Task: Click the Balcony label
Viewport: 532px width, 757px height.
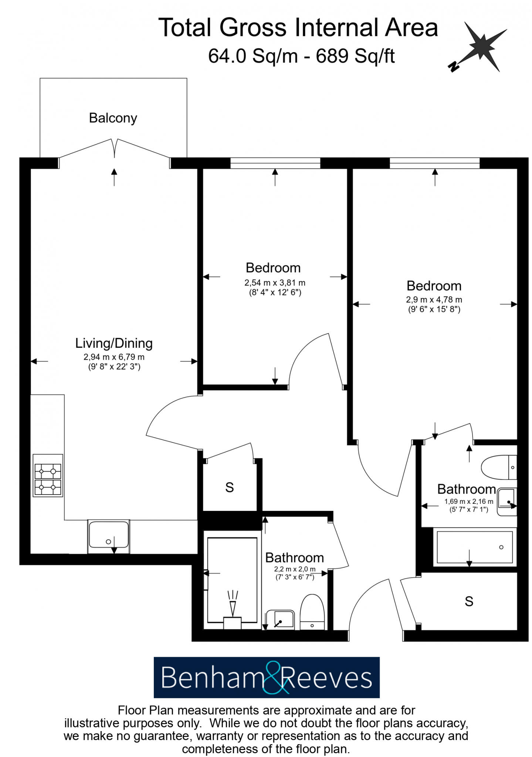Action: [113, 118]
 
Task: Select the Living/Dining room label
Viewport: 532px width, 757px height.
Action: [114, 343]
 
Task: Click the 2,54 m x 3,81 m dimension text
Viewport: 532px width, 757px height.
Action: [275, 283]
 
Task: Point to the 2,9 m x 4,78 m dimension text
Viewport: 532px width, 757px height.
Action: [434, 300]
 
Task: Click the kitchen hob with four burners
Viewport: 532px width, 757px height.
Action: [48, 475]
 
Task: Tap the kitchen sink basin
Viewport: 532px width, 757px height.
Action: [109, 535]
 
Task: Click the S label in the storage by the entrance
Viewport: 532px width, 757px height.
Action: [469, 601]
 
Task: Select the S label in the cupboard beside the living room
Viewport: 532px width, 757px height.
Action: [230, 488]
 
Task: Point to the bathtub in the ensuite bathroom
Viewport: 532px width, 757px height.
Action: [474, 547]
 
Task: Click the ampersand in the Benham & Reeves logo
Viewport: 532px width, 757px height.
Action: [274, 678]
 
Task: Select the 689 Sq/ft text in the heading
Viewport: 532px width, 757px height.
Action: [355, 56]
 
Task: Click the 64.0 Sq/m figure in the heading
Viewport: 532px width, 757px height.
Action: [253, 56]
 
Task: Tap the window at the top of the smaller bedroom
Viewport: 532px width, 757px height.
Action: [275, 163]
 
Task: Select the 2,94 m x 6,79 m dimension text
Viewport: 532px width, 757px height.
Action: [114, 357]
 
